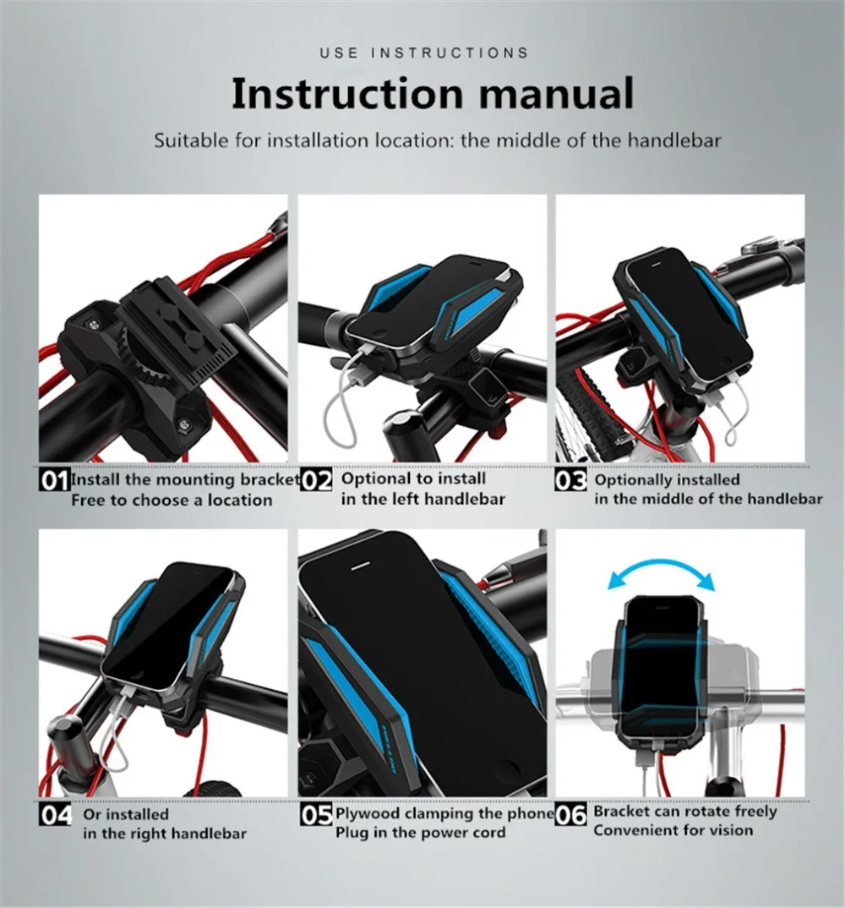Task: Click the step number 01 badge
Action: tap(54, 480)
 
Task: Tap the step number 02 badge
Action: tap(317, 480)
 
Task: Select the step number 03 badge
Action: tap(570, 480)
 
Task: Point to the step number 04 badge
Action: tap(56, 815)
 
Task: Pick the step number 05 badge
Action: tap(317, 815)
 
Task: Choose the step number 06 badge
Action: tap(570, 815)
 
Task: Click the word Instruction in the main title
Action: tap(346, 93)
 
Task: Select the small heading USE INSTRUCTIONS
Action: tap(424, 53)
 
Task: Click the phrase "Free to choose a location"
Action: tap(172, 500)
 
